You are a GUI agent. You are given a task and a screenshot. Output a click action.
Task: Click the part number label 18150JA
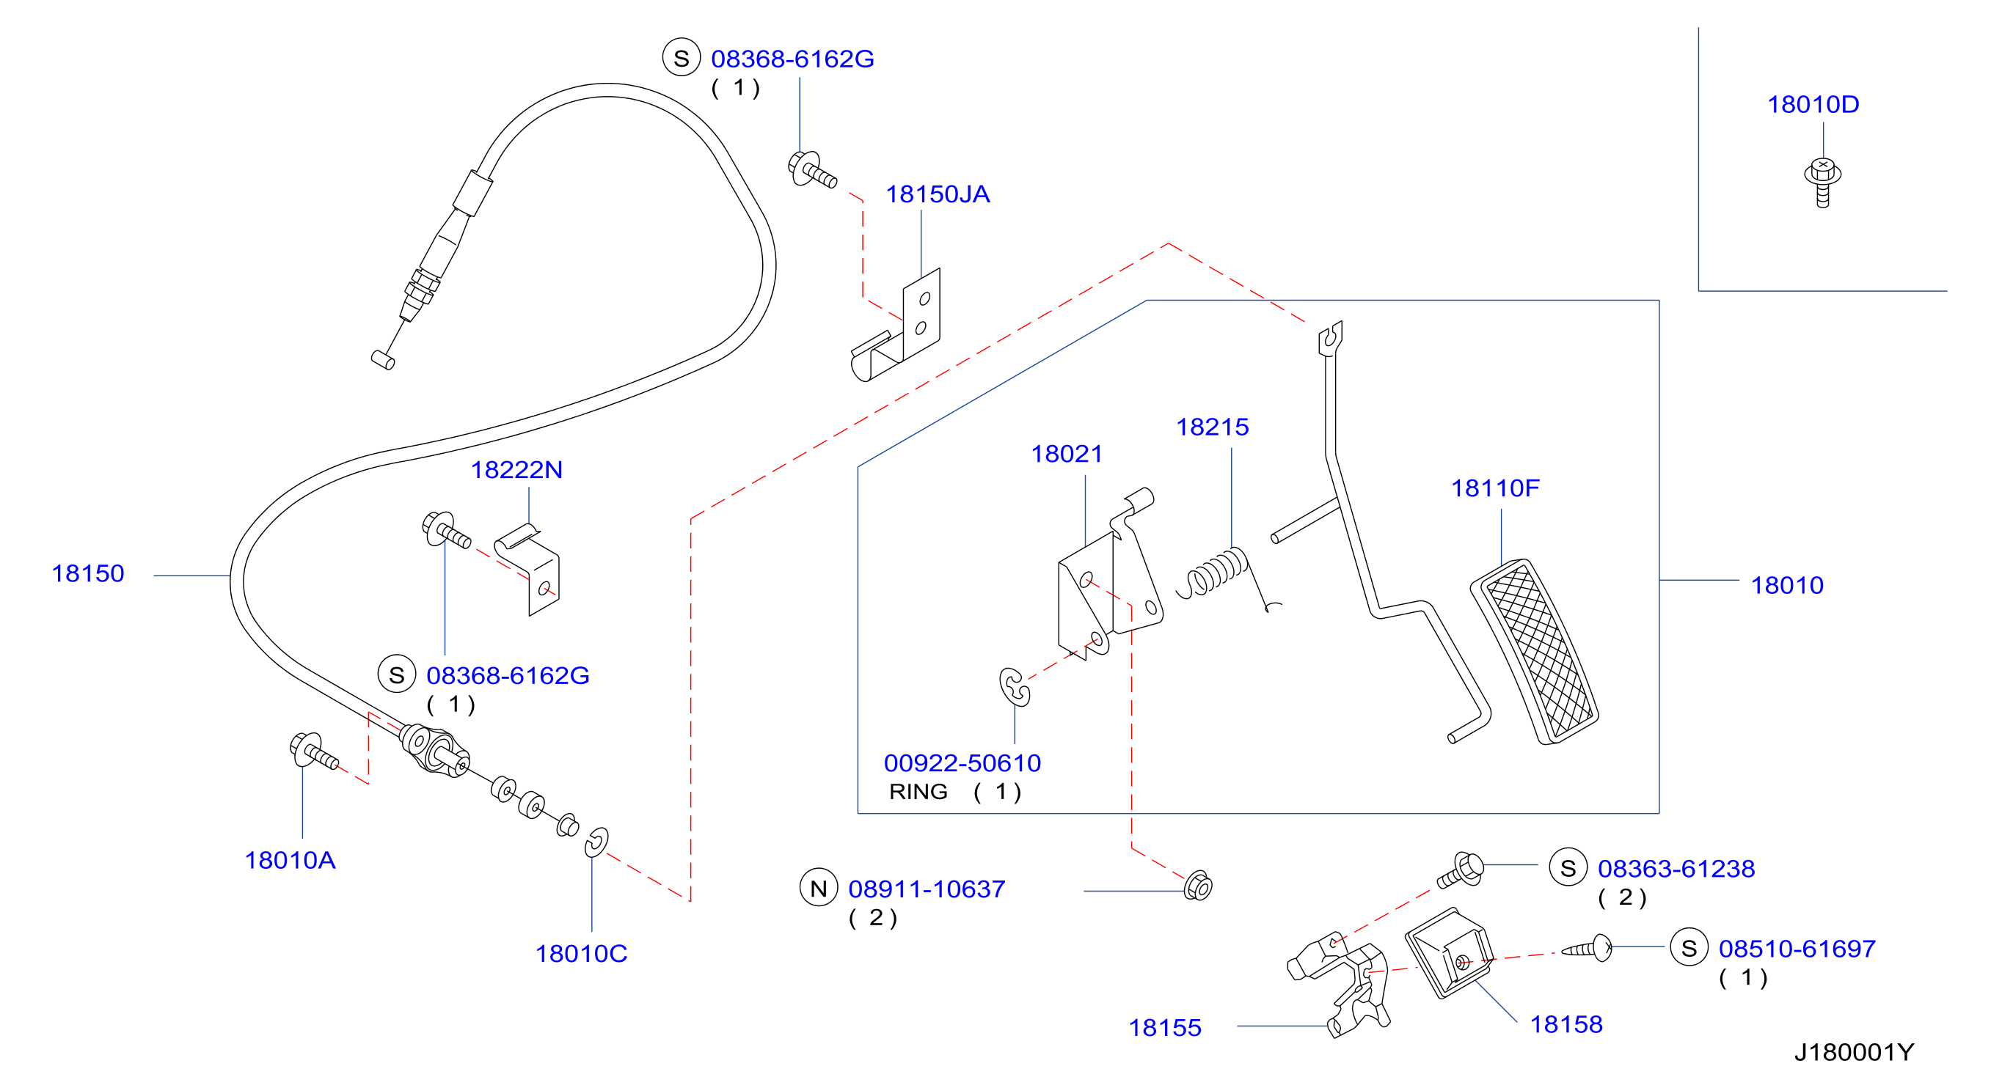click(x=937, y=194)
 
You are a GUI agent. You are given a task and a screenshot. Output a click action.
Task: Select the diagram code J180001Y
click(x=1854, y=1052)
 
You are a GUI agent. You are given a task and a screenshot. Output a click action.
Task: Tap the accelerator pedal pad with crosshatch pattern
click(x=1534, y=651)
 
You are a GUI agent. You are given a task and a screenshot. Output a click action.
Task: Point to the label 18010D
click(x=1813, y=104)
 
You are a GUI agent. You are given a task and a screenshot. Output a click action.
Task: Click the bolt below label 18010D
click(x=1822, y=182)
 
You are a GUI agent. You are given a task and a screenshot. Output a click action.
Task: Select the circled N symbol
click(x=818, y=888)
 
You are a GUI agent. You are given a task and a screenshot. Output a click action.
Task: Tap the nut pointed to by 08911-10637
click(x=1198, y=886)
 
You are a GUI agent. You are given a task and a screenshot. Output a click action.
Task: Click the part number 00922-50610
click(x=962, y=763)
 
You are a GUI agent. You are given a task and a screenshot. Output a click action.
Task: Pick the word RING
click(x=918, y=792)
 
